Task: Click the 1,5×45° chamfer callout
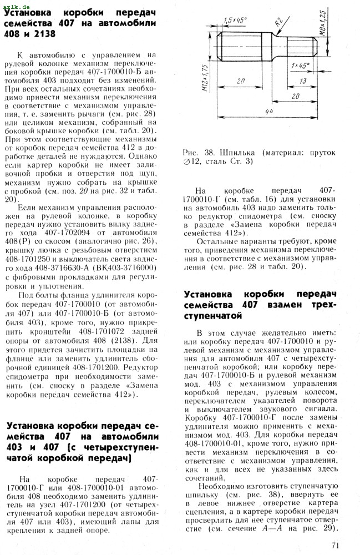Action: pyautogui.click(x=236, y=21)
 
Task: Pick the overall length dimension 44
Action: pyautogui.click(x=268, y=113)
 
